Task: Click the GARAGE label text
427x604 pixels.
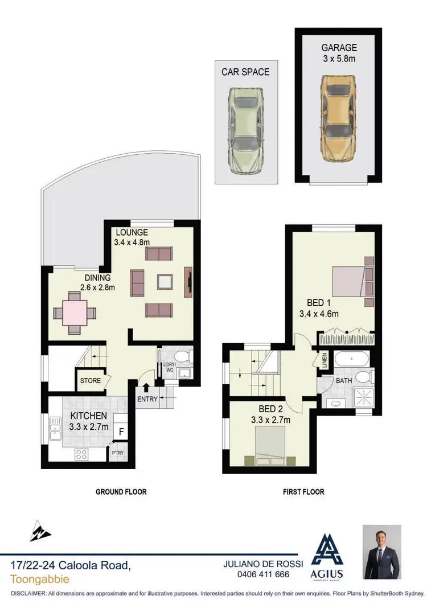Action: click(x=339, y=48)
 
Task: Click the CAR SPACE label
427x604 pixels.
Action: click(x=245, y=72)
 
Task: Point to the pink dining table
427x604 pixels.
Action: click(x=75, y=313)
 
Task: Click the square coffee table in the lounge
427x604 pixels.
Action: click(x=165, y=281)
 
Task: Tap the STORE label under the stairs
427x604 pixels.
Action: click(x=90, y=380)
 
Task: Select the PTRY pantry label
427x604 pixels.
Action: click(x=117, y=453)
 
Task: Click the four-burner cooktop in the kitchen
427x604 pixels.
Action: click(x=81, y=454)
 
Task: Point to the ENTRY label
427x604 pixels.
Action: click(x=147, y=399)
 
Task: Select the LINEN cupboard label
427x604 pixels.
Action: click(x=324, y=360)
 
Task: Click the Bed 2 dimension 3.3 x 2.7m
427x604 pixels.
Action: click(x=272, y=421)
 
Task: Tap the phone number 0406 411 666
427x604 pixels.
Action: click(x=260, y=575)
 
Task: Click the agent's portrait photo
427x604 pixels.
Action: click(x=382, y=552)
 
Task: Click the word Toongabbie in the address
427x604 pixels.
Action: click(x=40, y=580)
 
